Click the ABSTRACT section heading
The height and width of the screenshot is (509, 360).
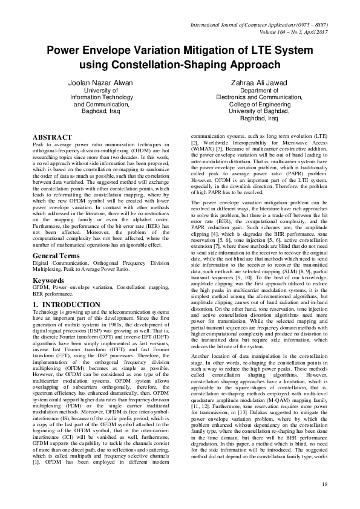coord(53,138)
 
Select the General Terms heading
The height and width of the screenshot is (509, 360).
coord(57,256)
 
